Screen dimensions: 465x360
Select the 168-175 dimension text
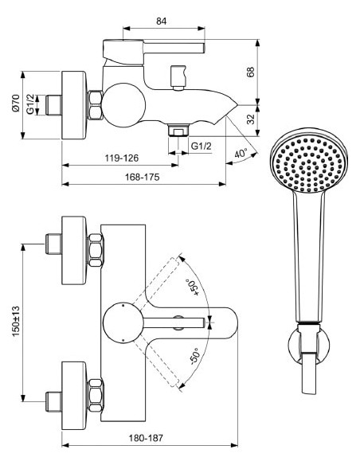pos(141,177)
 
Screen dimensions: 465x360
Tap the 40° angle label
pos(241,152)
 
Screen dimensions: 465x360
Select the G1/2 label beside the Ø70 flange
pos(29,104)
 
